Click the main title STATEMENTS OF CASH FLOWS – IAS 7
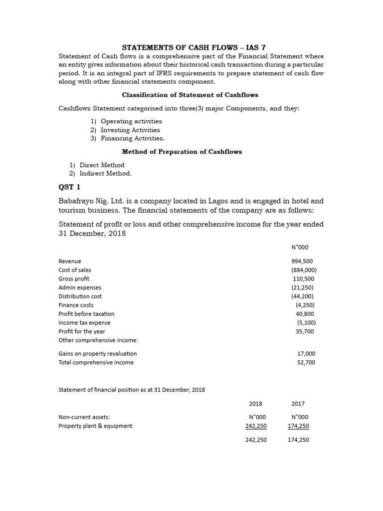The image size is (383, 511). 191,47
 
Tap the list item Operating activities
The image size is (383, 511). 131,121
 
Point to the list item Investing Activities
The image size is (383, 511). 130,130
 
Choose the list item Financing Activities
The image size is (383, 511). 132,138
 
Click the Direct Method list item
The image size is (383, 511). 102,165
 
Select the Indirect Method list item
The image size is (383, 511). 105,174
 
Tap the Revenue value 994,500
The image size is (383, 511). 302,261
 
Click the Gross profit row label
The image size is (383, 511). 74,279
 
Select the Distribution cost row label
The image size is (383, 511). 80,296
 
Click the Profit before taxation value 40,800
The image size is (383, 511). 305,314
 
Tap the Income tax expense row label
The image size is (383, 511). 84,323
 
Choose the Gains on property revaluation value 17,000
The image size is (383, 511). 306,354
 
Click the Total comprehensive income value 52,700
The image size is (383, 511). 306,362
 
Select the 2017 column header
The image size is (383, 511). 298,404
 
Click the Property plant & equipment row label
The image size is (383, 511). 95,426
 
